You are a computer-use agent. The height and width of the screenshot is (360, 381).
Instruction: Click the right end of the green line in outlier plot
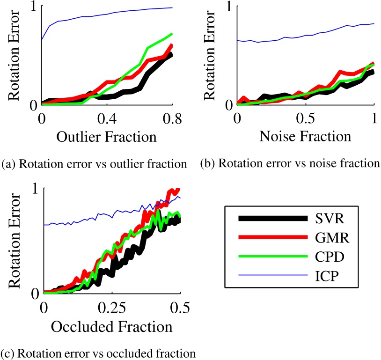coord(173,34)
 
